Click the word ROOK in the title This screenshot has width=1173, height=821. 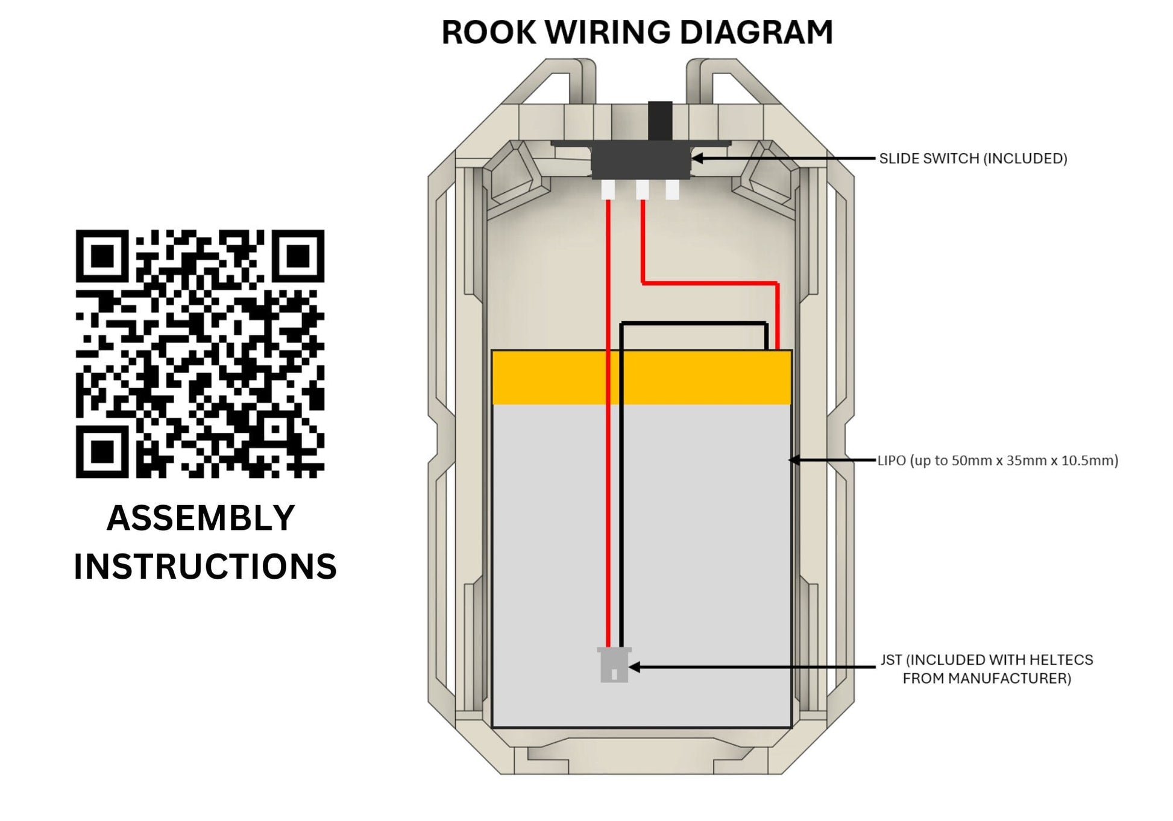(x=488, y=33)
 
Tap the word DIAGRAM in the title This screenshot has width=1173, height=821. (x=756, y=33)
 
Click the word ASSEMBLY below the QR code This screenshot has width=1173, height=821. (x=201, y=518)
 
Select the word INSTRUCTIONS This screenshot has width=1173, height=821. (x=205, y=567)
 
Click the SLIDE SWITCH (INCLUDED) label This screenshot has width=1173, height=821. (x=973, y=159)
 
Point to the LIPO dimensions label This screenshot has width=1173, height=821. (x=998, y=461)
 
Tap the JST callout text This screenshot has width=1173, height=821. (x=987, y=669)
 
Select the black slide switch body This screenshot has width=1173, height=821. (x=640, y=161)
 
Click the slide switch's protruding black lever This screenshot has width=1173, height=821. (x=660, y=121)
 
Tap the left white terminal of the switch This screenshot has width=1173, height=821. (x=608, y=190)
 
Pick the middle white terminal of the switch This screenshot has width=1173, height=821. (x=643, y=190)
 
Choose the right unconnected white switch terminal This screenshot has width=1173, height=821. (x=672, y=190)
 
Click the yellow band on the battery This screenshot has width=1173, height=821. (x=641, y=377)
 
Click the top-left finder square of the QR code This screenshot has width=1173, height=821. (x=102, y=256)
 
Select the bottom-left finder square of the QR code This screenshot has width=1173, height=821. (x=102, y=451)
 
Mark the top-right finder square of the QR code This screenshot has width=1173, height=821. (x=298, y=256)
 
